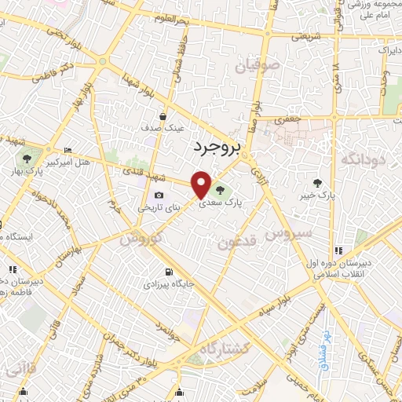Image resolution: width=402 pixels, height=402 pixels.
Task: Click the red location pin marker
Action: (x=202, y=185)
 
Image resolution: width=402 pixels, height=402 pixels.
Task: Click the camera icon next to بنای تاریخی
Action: (x=159, y=196)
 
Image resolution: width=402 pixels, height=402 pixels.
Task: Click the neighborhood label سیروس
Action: (x=288, y=233)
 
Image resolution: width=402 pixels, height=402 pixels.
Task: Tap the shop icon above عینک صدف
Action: (x=163, y=115)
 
